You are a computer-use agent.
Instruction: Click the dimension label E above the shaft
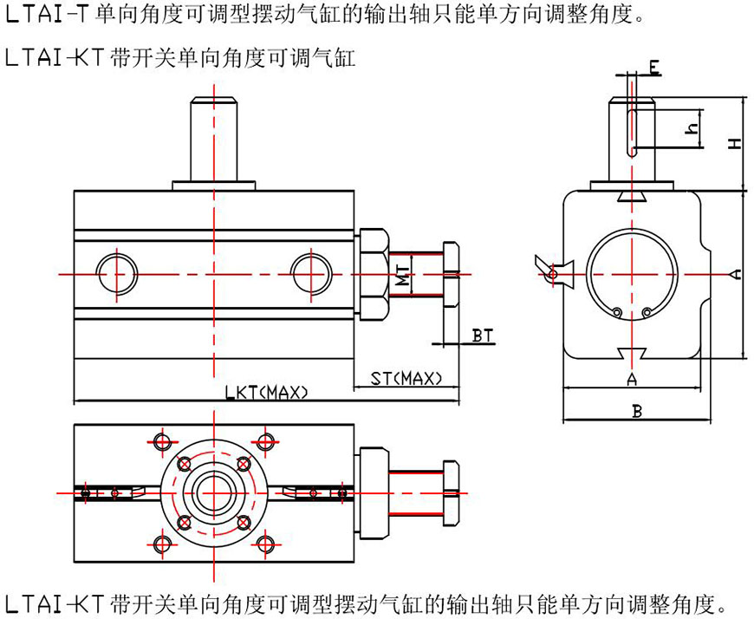click(x=654, y=66)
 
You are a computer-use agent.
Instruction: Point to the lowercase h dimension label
click(x=691, y=129)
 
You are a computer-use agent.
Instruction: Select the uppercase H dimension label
click(x=734, y=142)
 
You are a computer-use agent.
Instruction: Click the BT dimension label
click(x=482, y=335)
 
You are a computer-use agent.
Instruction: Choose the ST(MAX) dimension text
click(x=406, y=378)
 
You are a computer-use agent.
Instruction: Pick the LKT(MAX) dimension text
click(x=267, y=393)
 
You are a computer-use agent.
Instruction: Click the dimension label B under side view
click(x=637, y=412)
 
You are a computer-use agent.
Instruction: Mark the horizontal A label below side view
click(x=632, y=379)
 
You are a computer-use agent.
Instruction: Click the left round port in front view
click(x=115, y=271)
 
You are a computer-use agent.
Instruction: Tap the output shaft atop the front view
click(x=212, y=139)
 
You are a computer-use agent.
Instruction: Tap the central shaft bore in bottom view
click(x=212, y=492)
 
